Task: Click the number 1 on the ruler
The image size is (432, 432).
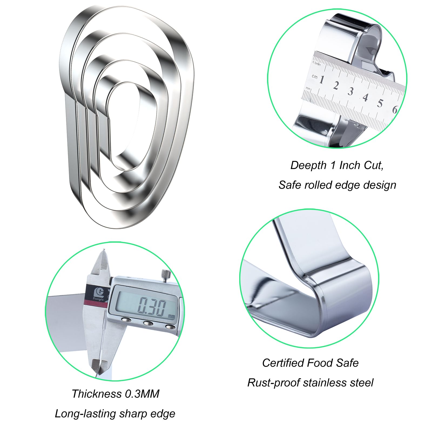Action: pyautogui.click(x=322, y=80)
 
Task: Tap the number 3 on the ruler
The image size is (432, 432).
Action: pyautogui.click(x=350, y=91)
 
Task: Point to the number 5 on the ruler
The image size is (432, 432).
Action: pyautogui.click(x=380, y=103)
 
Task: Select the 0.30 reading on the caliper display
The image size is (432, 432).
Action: pyautogui.click(x=152, y=307)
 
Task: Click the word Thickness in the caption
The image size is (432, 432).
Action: pyautogui.click(x=96, y=394)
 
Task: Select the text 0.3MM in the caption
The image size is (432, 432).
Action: pyautogui.click(x=142, y=394)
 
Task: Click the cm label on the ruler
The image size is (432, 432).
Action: pyautogui.click(x=315, y=76)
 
